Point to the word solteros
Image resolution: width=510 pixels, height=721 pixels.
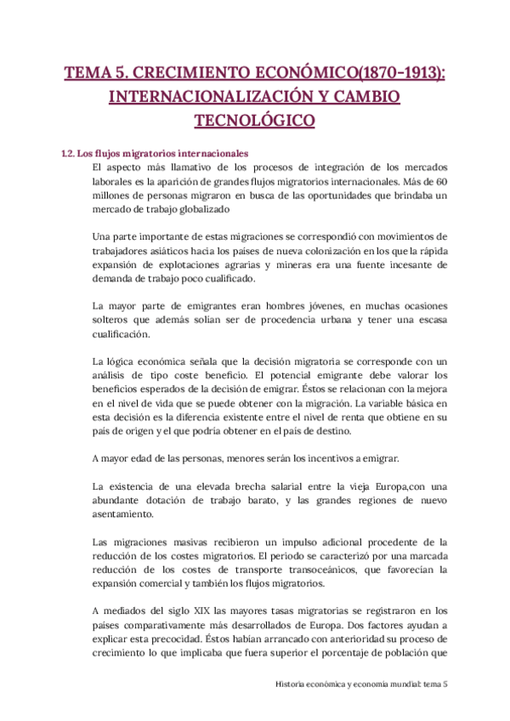[113, 320]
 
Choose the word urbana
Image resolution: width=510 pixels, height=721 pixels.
[352, 320]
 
